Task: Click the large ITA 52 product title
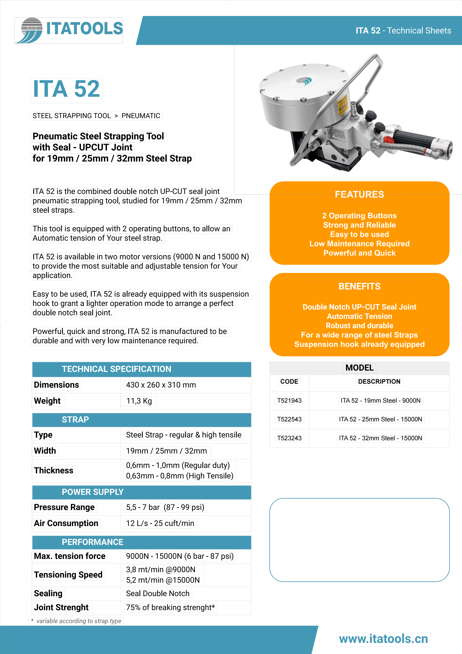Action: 66,89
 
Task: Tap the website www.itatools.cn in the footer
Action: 383,639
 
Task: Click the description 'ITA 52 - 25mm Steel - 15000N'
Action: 380,419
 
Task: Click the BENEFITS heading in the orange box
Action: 359,286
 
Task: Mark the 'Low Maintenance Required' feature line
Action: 359,244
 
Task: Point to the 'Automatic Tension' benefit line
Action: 359,316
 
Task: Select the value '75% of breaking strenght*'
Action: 170,608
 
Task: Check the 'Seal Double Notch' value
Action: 158,594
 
